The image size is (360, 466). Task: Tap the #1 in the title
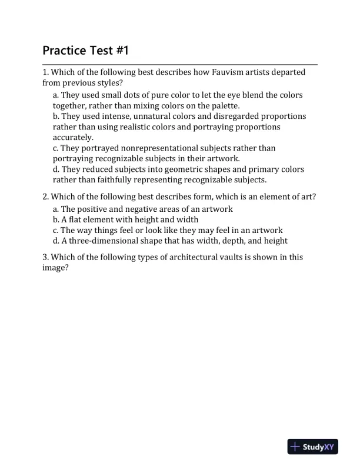point(121,51)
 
